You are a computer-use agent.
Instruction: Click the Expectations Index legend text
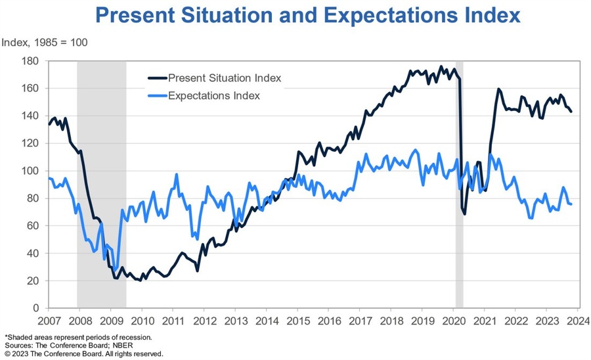214,96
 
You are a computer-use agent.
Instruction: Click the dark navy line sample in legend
156,78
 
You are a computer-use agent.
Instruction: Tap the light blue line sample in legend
156,96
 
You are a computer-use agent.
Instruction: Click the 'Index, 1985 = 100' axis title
45,43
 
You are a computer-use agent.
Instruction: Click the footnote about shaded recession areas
78,337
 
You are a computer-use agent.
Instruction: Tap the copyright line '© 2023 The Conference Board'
83,353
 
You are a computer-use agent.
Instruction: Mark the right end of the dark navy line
571,112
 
